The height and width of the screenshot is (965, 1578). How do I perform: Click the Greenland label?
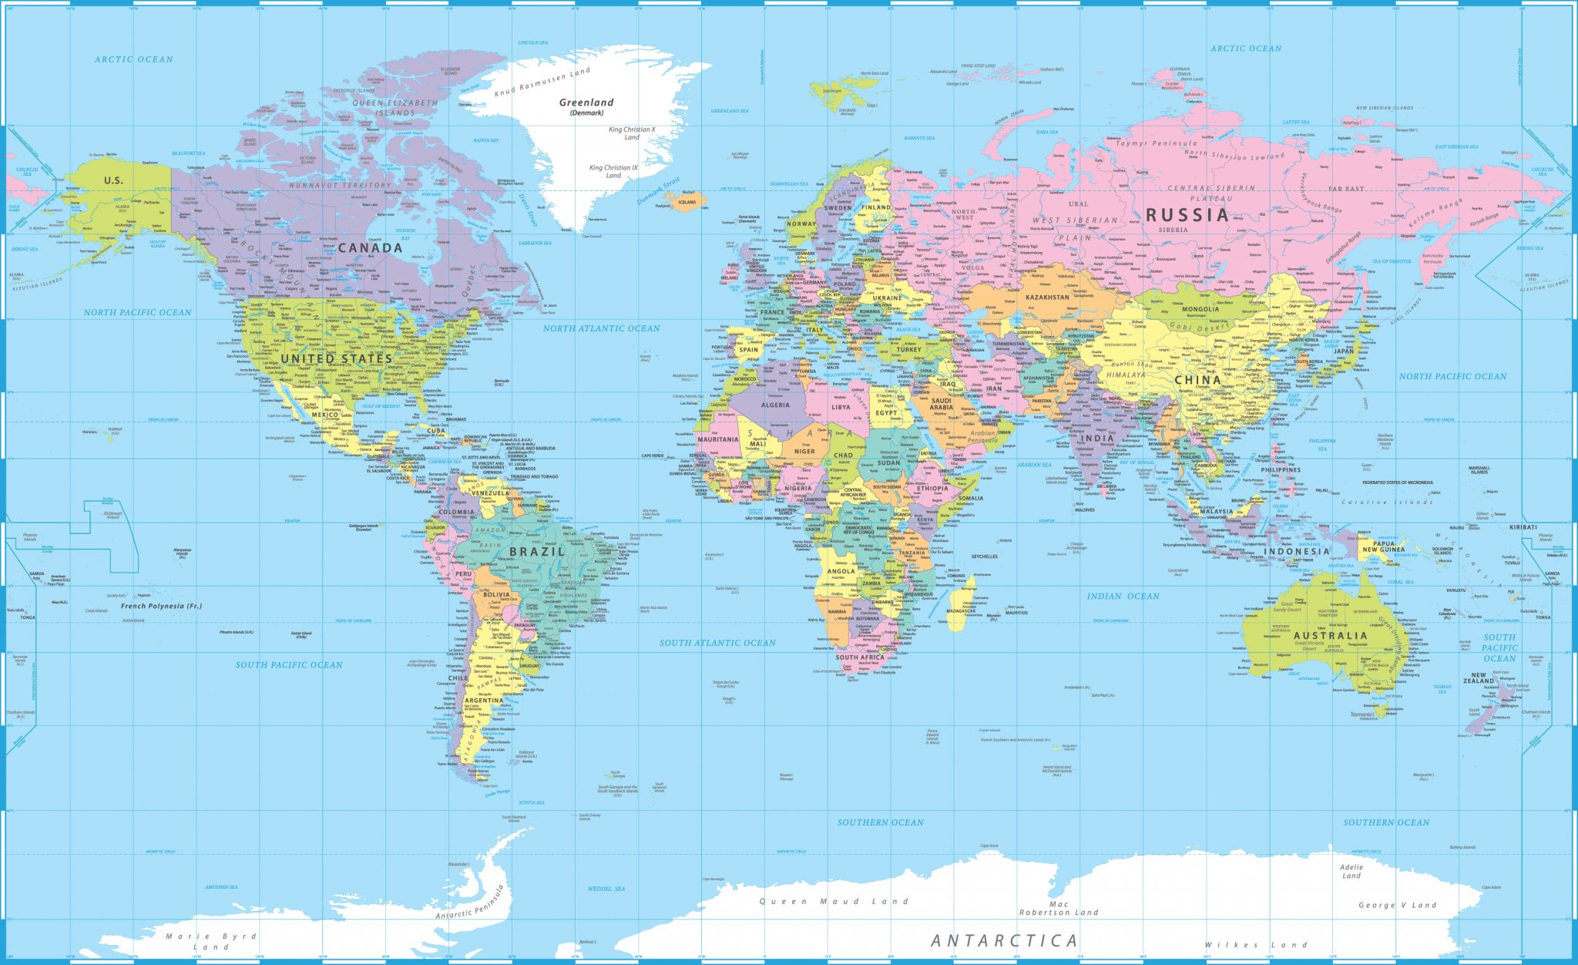click(586, 103)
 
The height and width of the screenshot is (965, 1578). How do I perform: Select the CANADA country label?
click(370, 247)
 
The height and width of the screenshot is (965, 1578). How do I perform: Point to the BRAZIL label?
click(537, 552)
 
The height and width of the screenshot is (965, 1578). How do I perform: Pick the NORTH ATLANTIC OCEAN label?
click(601, 328)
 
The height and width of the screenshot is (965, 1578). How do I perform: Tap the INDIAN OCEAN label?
click(1123, 596)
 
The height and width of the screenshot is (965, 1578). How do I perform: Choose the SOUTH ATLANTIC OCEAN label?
click(717, 643)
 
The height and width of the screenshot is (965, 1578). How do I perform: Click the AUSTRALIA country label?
click(1330, 636)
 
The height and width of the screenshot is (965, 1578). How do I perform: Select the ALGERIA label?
click(775, 405)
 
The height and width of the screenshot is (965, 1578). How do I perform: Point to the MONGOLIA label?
click(1200, 309)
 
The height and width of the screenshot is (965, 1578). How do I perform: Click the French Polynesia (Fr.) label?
click(161, 606)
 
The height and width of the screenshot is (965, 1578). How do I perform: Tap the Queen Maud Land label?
click(834, 901)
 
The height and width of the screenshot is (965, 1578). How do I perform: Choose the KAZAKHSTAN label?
click(1047, 297)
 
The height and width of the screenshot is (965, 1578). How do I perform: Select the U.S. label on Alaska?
click(113, 180)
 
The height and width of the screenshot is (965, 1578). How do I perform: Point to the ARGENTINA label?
click(483, 701)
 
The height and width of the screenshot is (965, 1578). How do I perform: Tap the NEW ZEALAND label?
click(1479, 678)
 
